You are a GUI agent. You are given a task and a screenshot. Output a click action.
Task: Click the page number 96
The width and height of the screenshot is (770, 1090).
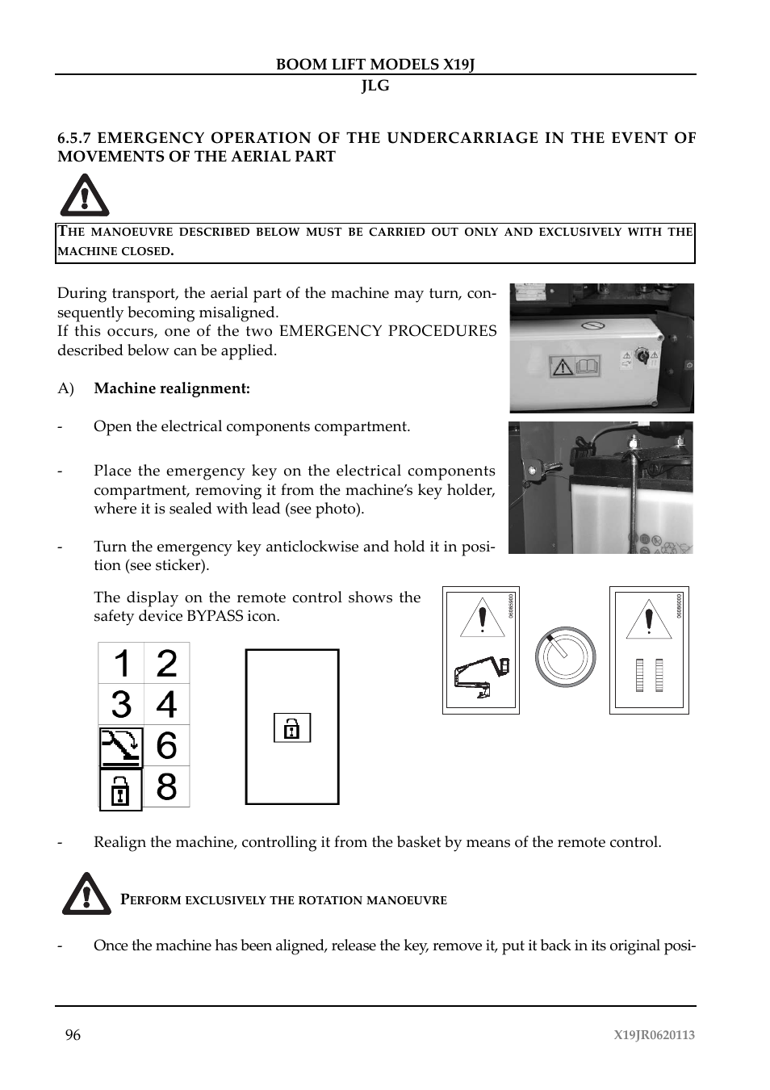pos(73,1035)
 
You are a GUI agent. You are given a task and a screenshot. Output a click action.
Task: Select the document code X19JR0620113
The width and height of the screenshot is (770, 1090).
pos(654,1035)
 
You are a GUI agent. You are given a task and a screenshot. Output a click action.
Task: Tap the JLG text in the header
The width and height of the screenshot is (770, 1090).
pos(375,86)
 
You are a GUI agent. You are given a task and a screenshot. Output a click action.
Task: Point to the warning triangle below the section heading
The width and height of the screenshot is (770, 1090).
pos(84,196)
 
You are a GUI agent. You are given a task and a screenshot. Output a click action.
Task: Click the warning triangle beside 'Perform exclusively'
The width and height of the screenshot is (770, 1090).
pos(86,894)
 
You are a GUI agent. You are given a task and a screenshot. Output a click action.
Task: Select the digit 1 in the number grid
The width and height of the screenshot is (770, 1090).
pos(121,664)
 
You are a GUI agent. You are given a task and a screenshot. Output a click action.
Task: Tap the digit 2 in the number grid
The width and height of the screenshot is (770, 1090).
pos(166,664)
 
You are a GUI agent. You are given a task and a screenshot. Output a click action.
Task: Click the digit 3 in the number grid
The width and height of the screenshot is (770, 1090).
pos(121,705)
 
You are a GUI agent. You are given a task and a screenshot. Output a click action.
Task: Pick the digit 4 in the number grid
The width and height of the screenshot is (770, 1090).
pos(166,705)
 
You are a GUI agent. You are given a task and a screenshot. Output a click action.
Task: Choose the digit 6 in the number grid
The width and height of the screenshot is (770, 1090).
pos(166,746)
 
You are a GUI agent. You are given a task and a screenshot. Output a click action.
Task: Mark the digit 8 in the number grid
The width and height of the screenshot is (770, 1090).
pos(166,786)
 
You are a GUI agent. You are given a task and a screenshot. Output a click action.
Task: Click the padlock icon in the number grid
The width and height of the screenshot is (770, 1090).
pos(120,789)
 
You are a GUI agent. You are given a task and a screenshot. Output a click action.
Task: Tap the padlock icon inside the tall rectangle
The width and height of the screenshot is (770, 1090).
pos(292,728)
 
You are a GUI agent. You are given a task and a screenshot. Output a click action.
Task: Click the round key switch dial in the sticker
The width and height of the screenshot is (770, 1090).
pos(566,655)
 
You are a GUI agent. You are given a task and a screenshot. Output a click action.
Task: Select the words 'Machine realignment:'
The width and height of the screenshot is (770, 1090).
pos(172,388)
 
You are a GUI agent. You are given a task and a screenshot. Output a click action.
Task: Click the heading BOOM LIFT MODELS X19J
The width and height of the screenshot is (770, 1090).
pos(375,65)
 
